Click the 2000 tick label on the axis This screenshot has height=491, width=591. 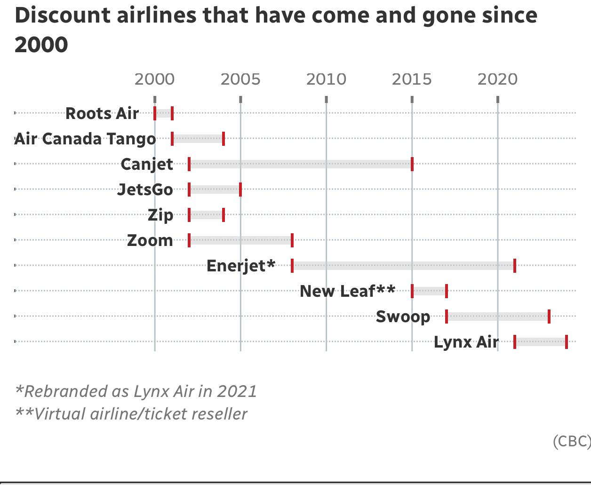tap(154, 79)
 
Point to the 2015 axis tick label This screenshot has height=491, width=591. tap(412, 79)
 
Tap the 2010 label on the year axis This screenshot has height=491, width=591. tap(326, 79)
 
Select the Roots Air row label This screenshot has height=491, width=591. tap(102, 113)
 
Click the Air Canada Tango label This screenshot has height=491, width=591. tap(85, 139)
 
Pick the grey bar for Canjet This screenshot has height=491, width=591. tap(301, 164)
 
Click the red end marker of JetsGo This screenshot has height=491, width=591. tap(240, 190)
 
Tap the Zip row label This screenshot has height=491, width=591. tap(160, 215)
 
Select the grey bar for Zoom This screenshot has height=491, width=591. tap(240, 240)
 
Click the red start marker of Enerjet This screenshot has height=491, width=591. tap(292, 266)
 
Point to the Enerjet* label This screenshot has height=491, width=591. tap(241, 266)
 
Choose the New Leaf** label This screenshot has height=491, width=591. tap(347, 291)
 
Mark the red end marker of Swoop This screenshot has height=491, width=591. tap(549, 317)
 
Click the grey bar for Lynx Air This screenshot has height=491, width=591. tap(541, 342)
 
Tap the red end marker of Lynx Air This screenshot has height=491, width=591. tap(567, 342)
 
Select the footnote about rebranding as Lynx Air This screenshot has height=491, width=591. tap(136, 391)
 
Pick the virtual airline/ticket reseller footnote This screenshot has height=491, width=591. tap(131, 414)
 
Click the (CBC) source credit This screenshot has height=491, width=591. tap(571, 441)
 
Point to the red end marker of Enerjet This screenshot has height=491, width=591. tap(515, 266)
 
